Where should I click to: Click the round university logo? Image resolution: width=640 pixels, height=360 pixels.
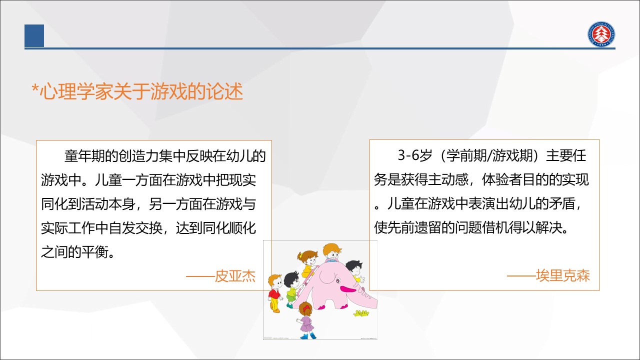(x=601, y=34)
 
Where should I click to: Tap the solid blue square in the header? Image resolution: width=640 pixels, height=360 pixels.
(x=34, y=35)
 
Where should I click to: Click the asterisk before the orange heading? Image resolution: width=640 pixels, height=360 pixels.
(x=35, y=87)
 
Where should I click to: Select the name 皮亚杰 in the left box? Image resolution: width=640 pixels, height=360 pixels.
(x=235, y=276)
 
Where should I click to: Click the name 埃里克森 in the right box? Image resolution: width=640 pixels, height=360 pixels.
(x=563, y=275)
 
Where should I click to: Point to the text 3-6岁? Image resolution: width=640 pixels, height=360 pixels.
(x=415, y=155)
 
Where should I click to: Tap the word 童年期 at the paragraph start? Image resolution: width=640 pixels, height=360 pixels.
(x=84, y=156)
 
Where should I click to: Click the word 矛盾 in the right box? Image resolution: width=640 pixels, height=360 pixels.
(x=561, y=203)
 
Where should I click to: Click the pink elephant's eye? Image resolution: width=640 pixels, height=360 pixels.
(x=338, y=281)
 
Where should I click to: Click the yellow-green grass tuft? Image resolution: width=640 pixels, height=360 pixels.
(x=361, y=313)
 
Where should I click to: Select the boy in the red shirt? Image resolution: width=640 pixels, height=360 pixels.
(x=275, y=293)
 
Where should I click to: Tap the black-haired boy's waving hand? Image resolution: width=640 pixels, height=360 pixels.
(x=361, y=279)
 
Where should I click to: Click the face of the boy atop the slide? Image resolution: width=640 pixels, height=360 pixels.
(x=333, y=253)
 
